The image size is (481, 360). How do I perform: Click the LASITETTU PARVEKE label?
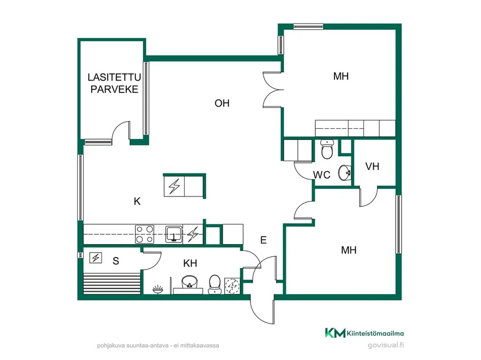(114, 83)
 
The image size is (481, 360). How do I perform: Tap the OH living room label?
(222, 103)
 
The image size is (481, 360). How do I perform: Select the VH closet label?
(372, 167)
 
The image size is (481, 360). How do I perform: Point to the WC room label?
(321, 175)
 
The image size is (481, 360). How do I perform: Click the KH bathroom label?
(190, 263)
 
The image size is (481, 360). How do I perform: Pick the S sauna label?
(116, 261)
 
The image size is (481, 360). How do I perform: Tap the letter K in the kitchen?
(137, 201)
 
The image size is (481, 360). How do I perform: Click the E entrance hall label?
(263, 240)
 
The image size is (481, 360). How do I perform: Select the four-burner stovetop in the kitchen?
(145, 234)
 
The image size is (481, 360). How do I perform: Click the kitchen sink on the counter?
(174, 234)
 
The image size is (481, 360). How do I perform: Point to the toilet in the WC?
(327, 149)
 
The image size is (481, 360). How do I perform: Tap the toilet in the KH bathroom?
(215, 284)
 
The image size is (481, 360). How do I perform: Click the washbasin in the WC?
(345, 173)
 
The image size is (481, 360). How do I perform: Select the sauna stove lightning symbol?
(96, 258)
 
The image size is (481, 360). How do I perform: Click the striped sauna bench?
(112, 283)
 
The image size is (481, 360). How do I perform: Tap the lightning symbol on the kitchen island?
(174, 186)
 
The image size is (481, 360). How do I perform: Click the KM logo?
(335, 333)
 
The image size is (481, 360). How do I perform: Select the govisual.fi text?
(386, 345)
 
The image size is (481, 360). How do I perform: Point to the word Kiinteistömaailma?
(375, 333)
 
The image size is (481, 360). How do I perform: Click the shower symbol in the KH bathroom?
(158, 289)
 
